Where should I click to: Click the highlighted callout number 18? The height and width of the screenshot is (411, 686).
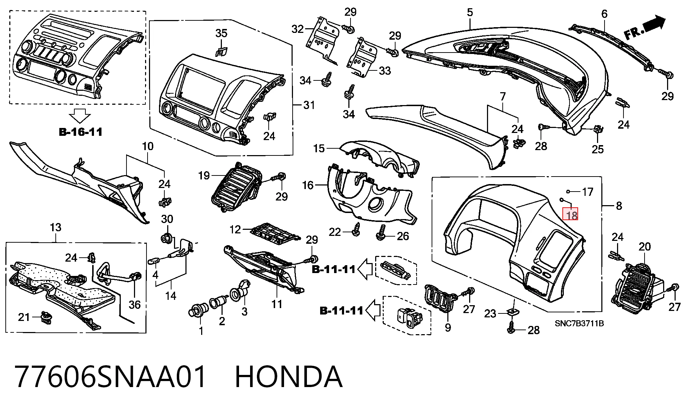[x=570, y=215]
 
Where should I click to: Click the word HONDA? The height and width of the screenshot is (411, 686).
[x=289, y=377]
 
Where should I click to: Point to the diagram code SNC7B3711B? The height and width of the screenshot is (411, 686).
[x=579, y=324]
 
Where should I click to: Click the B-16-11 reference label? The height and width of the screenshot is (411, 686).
[x=80, y=132]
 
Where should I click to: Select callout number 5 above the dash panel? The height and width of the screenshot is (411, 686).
[x=470, y=13]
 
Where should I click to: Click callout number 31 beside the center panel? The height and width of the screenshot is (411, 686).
[x=309, y=105]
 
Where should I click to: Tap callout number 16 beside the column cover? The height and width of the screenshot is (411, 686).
[x=308, y=185]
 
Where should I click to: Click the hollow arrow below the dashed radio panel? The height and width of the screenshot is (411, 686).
[x=80, y=116]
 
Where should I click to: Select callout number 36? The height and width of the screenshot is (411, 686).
[x=135, y=304]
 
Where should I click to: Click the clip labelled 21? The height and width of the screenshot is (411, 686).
[x=46, y=318]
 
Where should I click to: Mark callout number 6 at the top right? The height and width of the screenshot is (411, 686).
[x=604, y=14]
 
